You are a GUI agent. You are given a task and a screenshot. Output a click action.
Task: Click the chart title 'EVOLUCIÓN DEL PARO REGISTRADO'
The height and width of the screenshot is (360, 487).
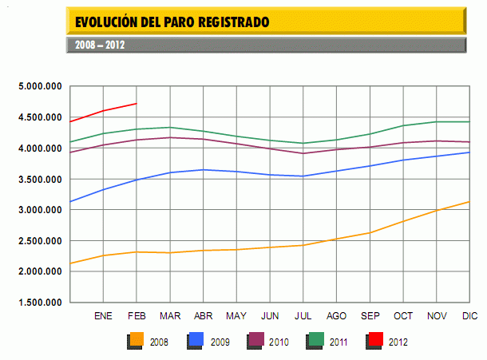(172, 21)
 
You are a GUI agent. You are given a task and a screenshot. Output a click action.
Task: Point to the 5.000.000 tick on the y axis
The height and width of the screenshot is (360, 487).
(41, 86)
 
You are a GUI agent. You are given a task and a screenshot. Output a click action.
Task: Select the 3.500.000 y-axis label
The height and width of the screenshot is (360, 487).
(41, 179)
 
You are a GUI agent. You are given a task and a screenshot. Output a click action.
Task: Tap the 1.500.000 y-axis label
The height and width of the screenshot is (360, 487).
(41, 303)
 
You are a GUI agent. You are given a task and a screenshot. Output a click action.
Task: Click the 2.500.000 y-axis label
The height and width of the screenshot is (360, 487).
(41, 241)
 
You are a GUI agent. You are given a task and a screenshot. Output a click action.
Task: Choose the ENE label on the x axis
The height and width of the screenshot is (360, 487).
(103, 316)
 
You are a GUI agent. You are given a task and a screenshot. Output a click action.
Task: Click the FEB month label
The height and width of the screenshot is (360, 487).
(137, 316)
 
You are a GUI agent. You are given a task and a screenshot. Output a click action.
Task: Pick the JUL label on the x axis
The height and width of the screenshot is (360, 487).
(303, 316)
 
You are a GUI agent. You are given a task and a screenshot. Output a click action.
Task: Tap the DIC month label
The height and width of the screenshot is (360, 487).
(470, 316)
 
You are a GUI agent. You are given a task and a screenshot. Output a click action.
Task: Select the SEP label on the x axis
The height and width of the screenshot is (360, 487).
(370, 316)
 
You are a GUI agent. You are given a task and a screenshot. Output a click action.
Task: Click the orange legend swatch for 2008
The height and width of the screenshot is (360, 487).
(135, 342)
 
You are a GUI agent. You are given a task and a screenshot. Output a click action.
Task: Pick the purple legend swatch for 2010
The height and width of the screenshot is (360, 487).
(254, 342)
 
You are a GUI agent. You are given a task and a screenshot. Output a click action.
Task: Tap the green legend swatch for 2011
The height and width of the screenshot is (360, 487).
(314, 342)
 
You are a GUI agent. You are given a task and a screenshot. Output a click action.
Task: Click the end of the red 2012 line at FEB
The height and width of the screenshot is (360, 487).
(137, 104)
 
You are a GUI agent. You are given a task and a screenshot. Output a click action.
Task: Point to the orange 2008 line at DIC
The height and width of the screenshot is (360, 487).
(469, 202)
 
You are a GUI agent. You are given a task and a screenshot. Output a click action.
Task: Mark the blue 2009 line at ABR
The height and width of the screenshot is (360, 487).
(204, 169)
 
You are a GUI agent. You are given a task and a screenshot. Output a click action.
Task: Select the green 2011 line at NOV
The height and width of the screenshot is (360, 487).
(437, 122)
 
